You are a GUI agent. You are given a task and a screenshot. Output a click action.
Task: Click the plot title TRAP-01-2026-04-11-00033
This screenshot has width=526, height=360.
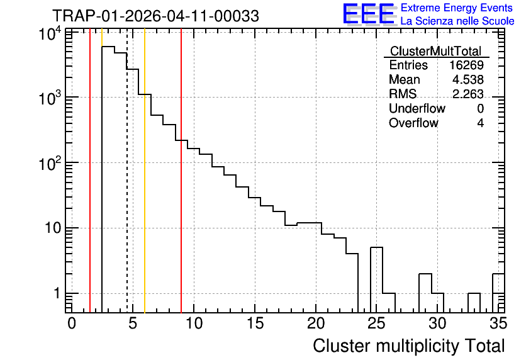pos(155,16)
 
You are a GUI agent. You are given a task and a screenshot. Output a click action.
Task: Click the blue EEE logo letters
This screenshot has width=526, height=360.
pos(369,14)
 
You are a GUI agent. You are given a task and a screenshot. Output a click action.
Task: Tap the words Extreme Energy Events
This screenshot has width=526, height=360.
pos(457,8)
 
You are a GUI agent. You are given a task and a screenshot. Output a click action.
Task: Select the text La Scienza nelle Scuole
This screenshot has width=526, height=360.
pos(457,21)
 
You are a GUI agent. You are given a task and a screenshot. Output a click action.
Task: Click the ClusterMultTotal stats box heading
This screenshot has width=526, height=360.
pos(435,51)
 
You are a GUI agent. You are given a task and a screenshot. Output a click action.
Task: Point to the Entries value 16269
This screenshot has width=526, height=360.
pos(466,65)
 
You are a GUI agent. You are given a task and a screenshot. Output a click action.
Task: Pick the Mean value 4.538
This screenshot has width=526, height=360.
pos(468,79)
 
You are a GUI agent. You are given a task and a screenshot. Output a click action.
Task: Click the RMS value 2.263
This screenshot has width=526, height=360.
pos(468,94)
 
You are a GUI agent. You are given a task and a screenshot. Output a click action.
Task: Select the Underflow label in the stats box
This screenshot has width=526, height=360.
pos(417,108)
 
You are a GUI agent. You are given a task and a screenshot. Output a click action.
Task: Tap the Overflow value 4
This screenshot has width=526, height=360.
pos(480,123)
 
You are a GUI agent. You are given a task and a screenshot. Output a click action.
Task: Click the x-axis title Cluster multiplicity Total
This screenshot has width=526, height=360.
pos(408,346)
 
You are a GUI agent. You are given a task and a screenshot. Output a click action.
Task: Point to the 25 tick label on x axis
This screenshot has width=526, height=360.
pos(377,323)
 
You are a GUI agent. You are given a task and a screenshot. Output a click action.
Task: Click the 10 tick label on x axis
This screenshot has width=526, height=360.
pos(194,323)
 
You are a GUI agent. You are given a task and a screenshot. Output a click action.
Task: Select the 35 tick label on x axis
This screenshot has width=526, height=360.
pos(498,323)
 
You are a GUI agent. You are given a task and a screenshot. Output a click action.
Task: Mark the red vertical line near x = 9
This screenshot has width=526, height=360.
pos(181,171)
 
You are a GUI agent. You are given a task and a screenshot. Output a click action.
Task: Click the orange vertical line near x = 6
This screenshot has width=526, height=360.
pos(145,171)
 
